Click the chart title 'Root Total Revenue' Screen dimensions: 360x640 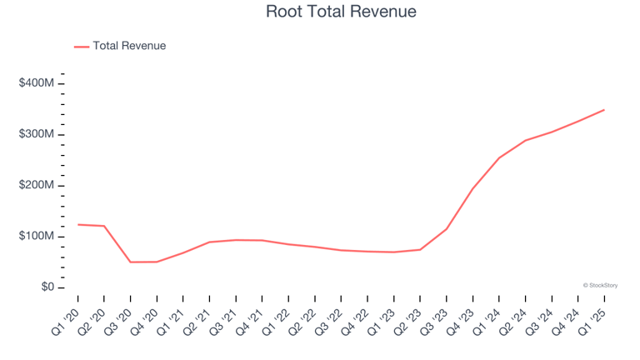pos(341,12)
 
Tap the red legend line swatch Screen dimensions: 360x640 pos(82,47)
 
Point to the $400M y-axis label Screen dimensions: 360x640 pos(37,83)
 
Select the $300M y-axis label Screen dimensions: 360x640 pos(37,134)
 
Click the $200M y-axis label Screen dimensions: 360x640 pos(37,185)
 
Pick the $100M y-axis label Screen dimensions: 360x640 pos(37,237)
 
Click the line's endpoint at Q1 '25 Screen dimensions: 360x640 pos(604,110)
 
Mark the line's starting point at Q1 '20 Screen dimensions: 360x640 pos(77,224)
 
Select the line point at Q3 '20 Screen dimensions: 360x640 pos(130,262)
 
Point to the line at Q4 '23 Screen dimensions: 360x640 pos(472,189)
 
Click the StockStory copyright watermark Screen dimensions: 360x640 pos(600,285)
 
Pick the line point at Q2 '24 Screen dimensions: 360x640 pos(525,141)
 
